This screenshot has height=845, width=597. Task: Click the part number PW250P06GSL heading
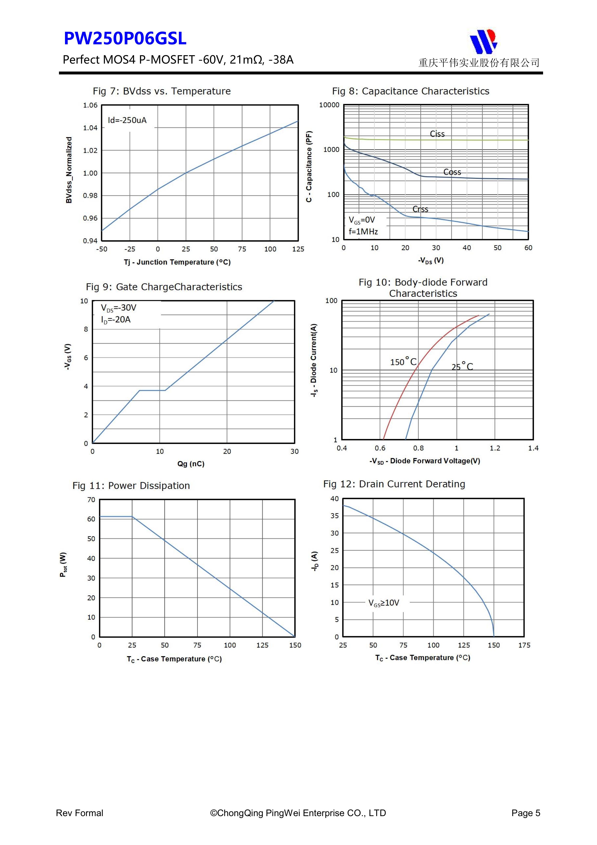click(x=125, y=39)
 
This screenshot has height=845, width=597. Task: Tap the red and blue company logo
click(x=483, y=41)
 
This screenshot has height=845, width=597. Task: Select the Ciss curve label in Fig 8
click(x=437, y=134)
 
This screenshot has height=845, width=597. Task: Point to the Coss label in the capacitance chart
click(x=452, y=172)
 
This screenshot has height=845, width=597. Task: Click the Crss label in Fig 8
click(x=420, y=209)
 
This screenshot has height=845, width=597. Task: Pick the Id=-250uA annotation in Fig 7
click(x=127, y=120)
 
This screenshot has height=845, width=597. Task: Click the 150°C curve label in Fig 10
click(x=403, y=362)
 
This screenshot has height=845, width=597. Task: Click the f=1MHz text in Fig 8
click(x=363, y=231)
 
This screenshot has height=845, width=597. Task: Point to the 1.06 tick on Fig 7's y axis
click(x=90, y=106)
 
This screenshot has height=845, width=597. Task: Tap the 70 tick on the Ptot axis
click(x=91, y=500)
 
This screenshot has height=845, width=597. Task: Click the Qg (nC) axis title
click(x=191, y=464)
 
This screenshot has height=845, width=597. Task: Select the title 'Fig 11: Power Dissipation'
click(x=131, y=486)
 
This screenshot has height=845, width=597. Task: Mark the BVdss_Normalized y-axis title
click(x=69, y=170)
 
